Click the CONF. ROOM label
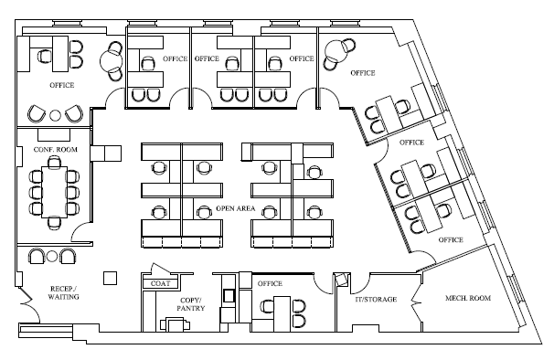tap(55, 150)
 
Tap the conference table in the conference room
tap(54, 192)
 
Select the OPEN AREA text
tap(235, 208)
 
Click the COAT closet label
tap(160, 283)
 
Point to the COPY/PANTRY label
tap(191, 304)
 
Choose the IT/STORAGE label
tap(376, 299)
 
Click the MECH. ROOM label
tap(468, 298)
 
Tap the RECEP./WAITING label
tap(64, 293)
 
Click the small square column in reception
tap(111, 278)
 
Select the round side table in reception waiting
tap(52, 256)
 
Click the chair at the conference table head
tap(54, 162)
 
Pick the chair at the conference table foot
tap(54, 222)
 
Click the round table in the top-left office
tap(111, 61)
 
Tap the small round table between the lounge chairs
tap(55, 115)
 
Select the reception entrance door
tap(28, 304)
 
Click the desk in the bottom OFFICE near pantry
tap(282, 308)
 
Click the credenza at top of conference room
tap(54, 135)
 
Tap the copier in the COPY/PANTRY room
tap(176, 324)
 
